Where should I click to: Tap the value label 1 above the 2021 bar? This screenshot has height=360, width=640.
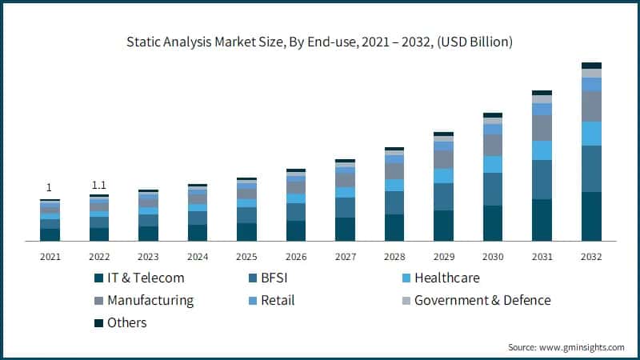(x=49, y=187)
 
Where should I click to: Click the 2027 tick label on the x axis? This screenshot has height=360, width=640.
(x=345, y=257)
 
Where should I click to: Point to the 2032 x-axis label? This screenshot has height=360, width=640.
(x=591, y=257)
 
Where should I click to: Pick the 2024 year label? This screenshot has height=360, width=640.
(x=197, y=257)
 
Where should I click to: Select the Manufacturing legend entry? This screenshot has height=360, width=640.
(x=150, y=300)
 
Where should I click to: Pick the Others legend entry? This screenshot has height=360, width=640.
(x=127, y=322)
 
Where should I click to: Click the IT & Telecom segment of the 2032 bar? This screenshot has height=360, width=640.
(x=591, y=216)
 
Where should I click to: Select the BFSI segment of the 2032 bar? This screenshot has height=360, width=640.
(x=591, y=168)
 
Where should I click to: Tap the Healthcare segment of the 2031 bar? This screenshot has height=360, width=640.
(x=542, y=150)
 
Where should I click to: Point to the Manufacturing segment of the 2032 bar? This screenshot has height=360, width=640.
(x=591, y=106)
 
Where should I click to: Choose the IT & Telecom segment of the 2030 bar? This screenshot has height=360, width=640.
(x=493, y=222)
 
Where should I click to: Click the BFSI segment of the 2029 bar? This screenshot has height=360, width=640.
(x=443, y=197)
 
